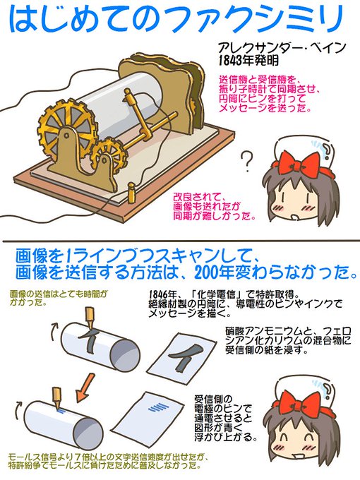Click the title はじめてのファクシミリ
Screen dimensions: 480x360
click(179, 21)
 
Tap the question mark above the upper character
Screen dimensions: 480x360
click(246, 160)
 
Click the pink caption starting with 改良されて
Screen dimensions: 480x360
click(212, 205)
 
